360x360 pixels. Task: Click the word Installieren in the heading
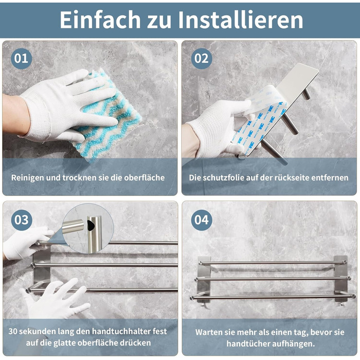240,20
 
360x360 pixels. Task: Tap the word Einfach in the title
100,20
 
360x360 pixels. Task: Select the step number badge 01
21,59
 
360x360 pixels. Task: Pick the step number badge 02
202,59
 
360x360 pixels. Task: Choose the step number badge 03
22,220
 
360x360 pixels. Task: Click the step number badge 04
202,220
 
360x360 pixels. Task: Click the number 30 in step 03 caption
13,331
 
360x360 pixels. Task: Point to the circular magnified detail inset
88,228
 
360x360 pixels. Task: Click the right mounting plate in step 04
340,279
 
